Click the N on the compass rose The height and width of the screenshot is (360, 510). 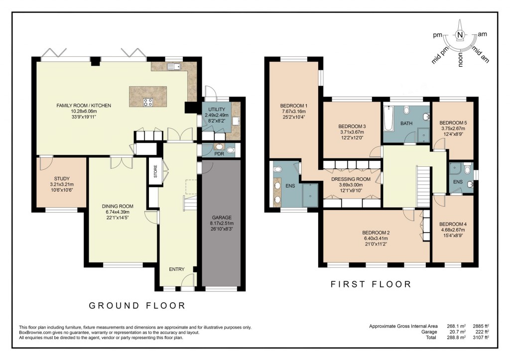coord(460,35)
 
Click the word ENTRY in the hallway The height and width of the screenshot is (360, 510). coord(177,269)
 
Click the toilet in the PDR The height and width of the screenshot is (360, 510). coord(230,149)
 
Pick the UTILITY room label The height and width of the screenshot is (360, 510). coord(217,110)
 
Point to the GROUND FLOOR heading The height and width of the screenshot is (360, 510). coord(137,306)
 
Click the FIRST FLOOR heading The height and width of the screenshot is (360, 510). coord(371,284)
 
